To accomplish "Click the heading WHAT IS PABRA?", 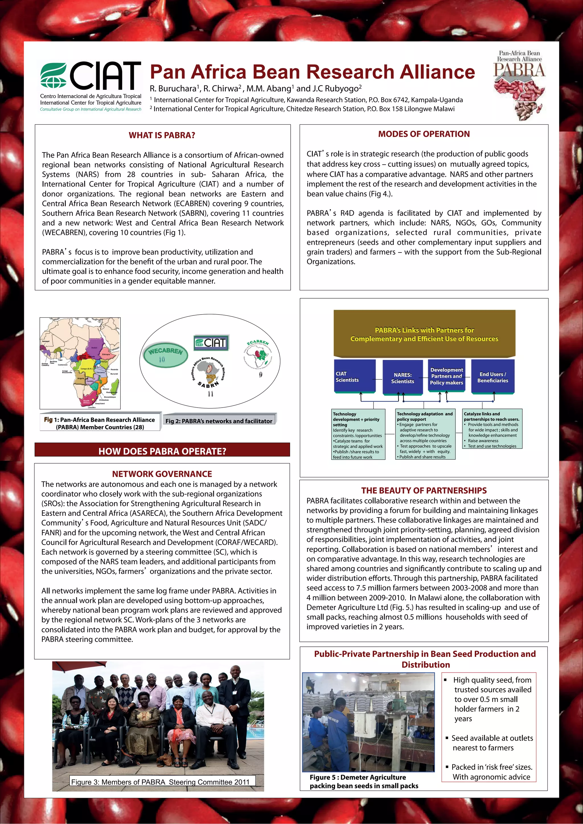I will pyautogui.click(x=162, y=135).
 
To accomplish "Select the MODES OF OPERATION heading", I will pyautogui.click(x=424, y=134).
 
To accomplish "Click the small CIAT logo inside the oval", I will pyautogui.click(x=211, y=343).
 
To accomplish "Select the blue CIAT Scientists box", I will pyautogui.click(x=355, y=377).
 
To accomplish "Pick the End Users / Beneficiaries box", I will pyautogui.click(x=492, y=377).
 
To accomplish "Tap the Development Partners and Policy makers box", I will pyautogui.click(x=447, y=376).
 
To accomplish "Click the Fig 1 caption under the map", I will pyautogui.click(x=100, y=423).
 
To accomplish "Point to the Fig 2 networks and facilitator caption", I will pyautogui.click(x=219, y=421).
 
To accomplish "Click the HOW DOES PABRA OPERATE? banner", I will pyautogui.click(x=162, y=451).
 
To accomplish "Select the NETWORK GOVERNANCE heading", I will pyautogui.click(x=162, y=474).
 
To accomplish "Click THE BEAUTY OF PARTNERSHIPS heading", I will pyautogui.click(x=424, y=490).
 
